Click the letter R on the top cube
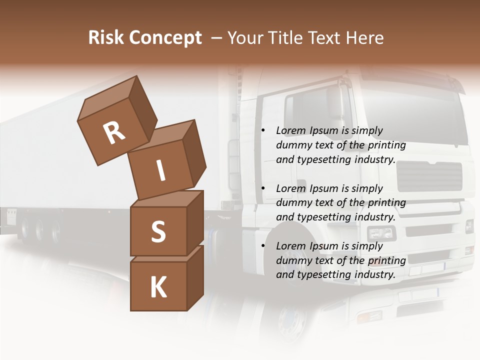click(114, 133)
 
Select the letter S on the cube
click(158, 231)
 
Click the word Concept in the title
click(165, 38)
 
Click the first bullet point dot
click(263, 131)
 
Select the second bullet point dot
click(263, 188)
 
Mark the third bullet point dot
click(263, 246)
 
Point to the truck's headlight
click(381, 233)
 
